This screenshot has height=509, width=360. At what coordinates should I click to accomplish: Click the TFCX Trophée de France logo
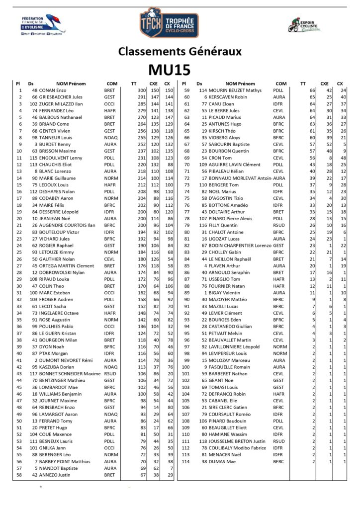169,23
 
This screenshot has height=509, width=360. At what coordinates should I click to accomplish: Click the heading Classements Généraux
180,51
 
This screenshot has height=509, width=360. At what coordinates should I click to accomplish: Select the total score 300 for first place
141,90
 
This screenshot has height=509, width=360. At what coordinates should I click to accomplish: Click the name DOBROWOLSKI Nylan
62,272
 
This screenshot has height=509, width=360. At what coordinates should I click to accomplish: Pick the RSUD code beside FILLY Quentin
278,225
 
